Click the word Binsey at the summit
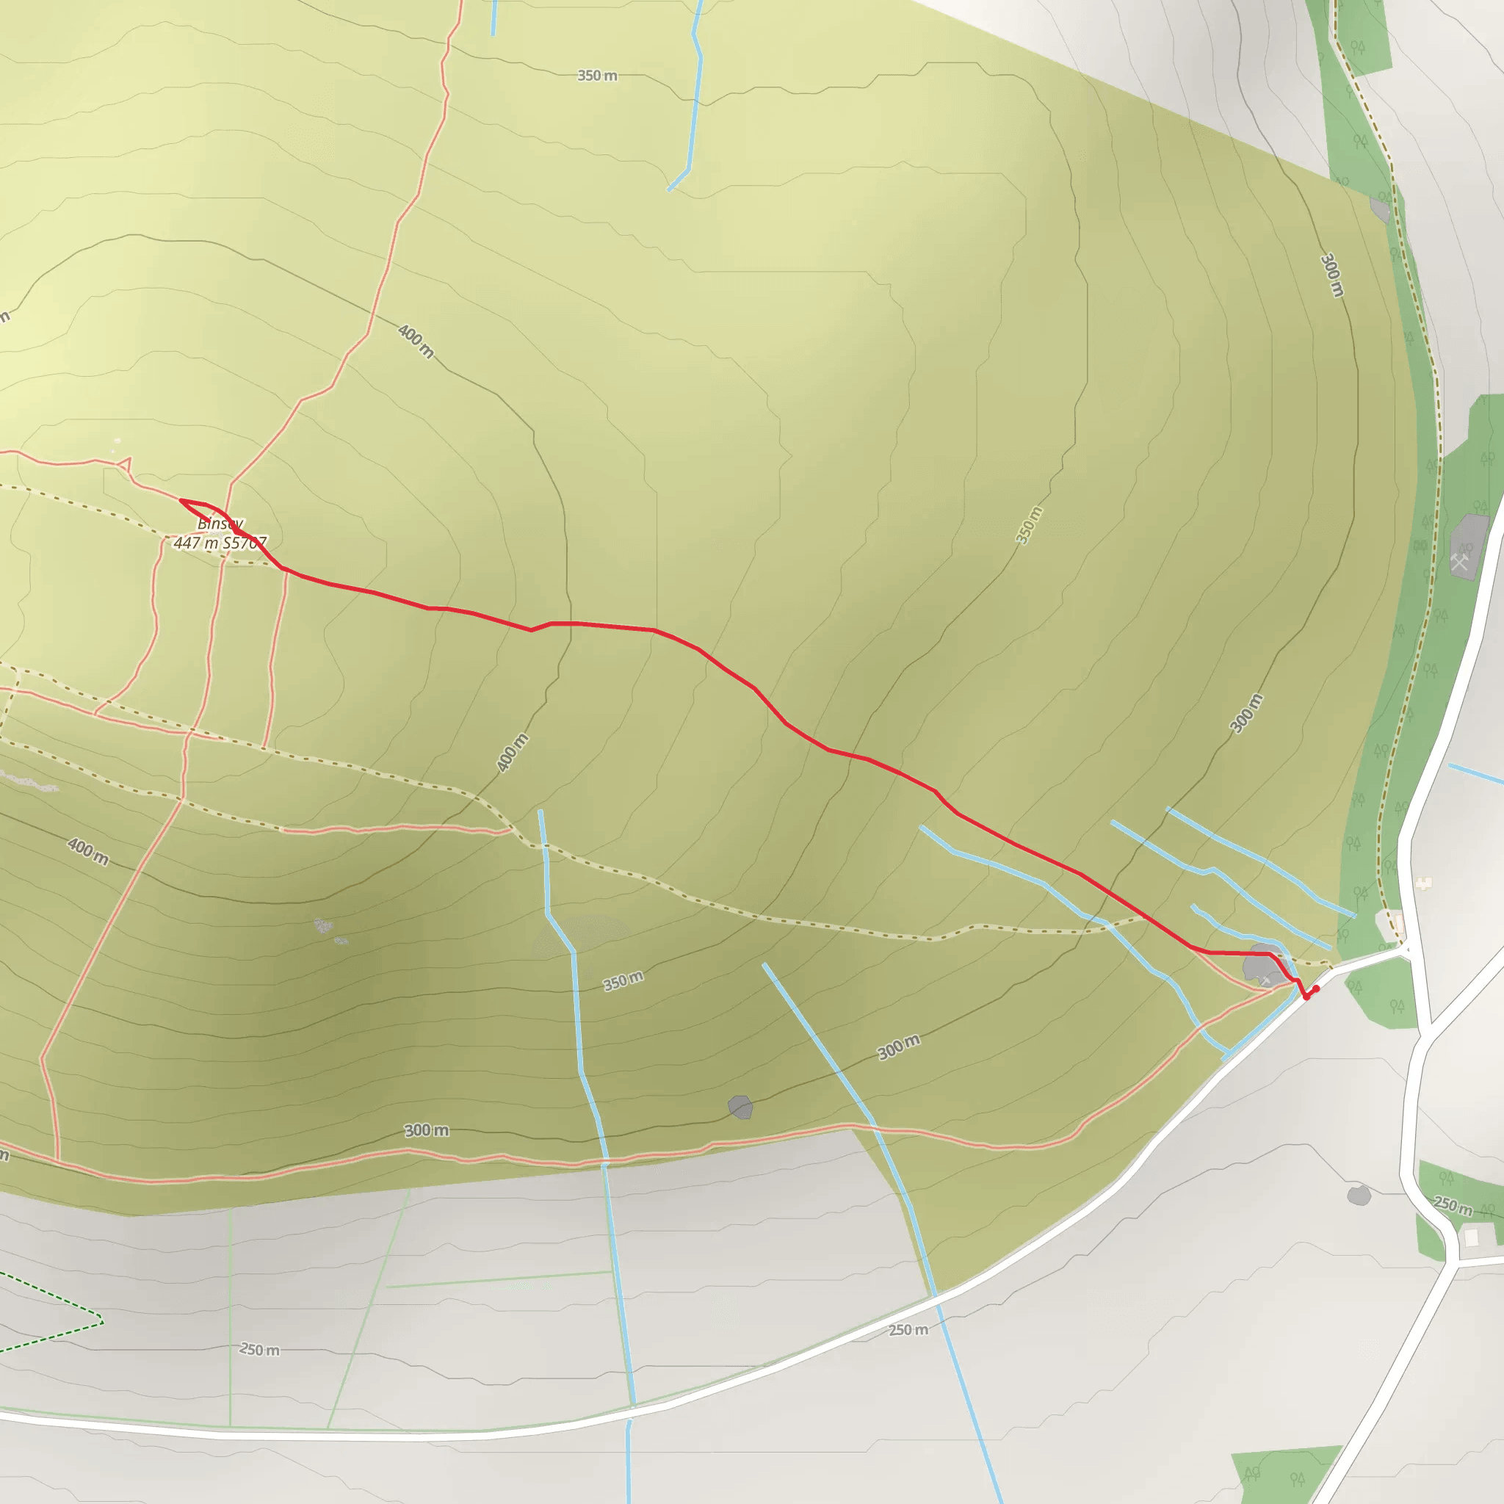click(x=220, y=524)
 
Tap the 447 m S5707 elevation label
click(x=220, y=543)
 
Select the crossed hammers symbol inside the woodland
click(x=1460, y=560)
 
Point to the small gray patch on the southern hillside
click(x=740, y=1106)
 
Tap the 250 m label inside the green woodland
click(x=1453, y=1206)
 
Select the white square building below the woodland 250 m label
click(x=1470, y=1236)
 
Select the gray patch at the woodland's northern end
click(x=1379, y=209)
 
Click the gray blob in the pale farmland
click(x=1359, y=1196)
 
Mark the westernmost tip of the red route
click(x=181, y=500)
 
